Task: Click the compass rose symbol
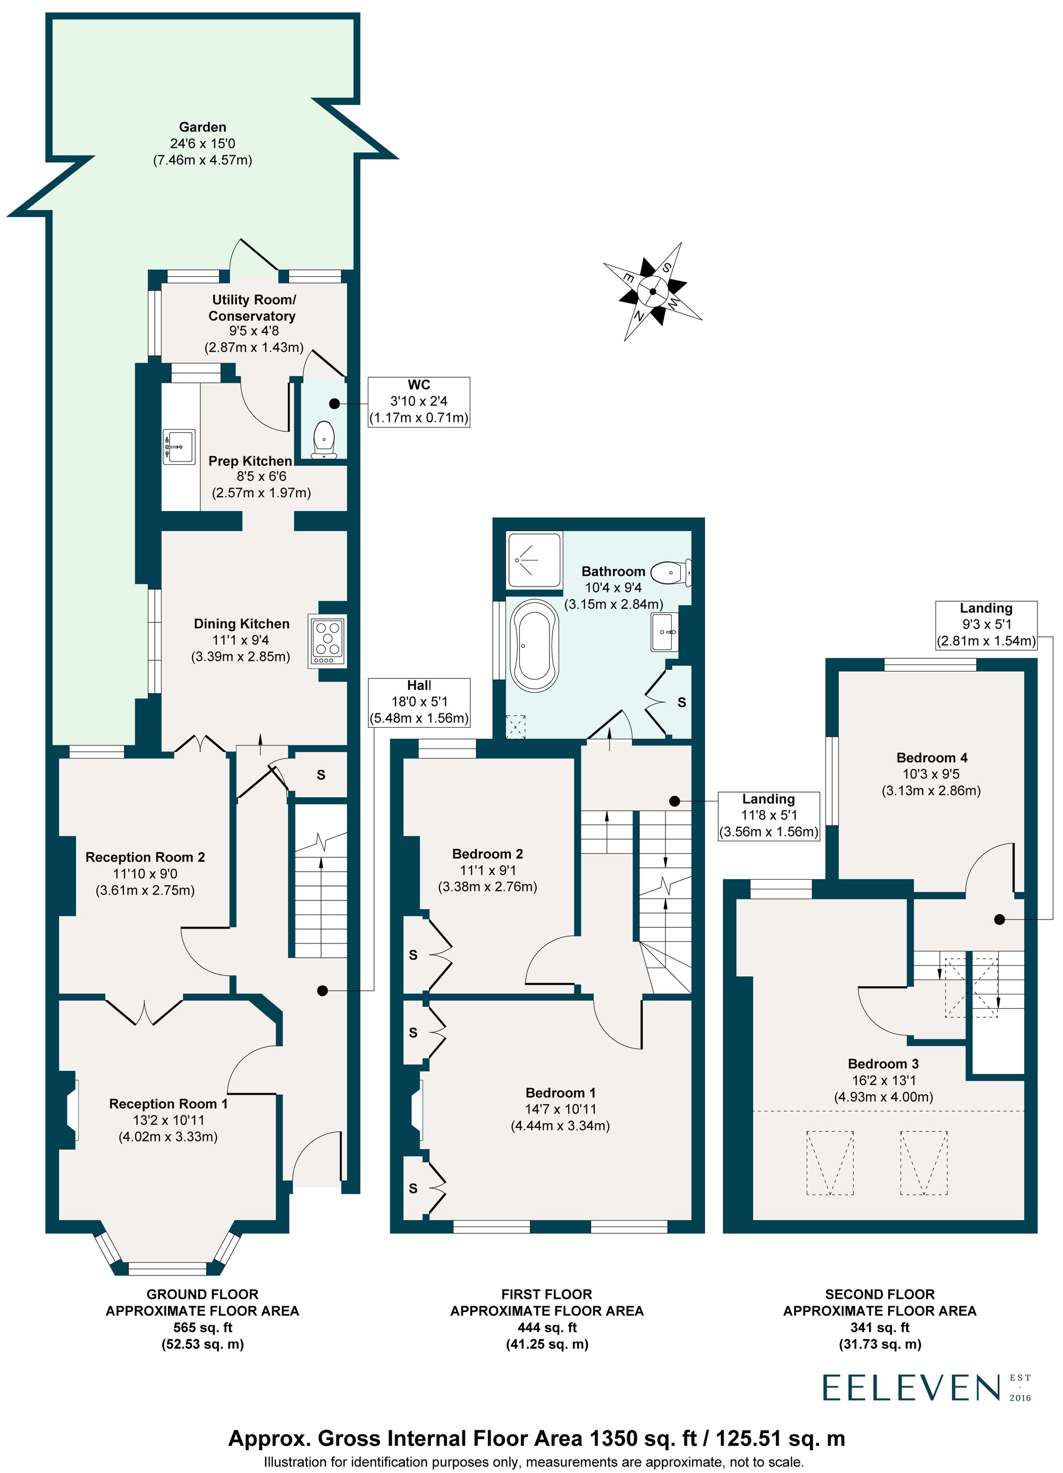click(x=652, y=291)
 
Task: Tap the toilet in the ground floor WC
click(x=323, y=440)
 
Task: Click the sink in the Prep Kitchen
click(x=178, y=446)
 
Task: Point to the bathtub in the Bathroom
click(x=535, y=645)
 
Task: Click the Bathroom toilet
click(x=671, y=572)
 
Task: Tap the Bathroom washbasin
click(x=665, y=631)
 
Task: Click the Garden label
click(x=203, y=127)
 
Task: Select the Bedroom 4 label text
click(x=931, y=757)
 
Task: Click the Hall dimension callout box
click(x=419, y=702)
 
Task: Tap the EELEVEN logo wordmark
click(x=911, y=1388)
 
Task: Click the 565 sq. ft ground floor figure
click(x=202, y=1327)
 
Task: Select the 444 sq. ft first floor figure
click(x=546, y=1327)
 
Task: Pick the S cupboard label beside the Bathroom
click(x=681, y=702)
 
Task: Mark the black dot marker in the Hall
click(x=322, y=991)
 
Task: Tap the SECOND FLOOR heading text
click(x=880, y=1295)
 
